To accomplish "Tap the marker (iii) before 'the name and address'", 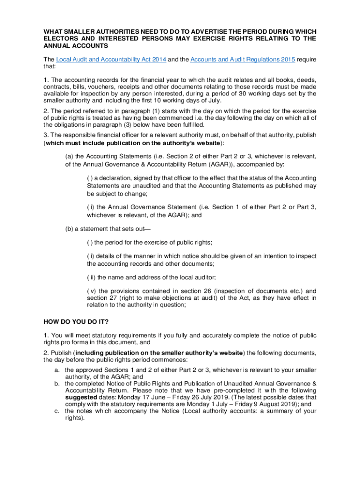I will coord(92,276).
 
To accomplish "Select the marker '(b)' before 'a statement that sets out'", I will coord(69,229).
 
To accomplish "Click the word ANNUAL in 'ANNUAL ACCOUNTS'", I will coord(57,46).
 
